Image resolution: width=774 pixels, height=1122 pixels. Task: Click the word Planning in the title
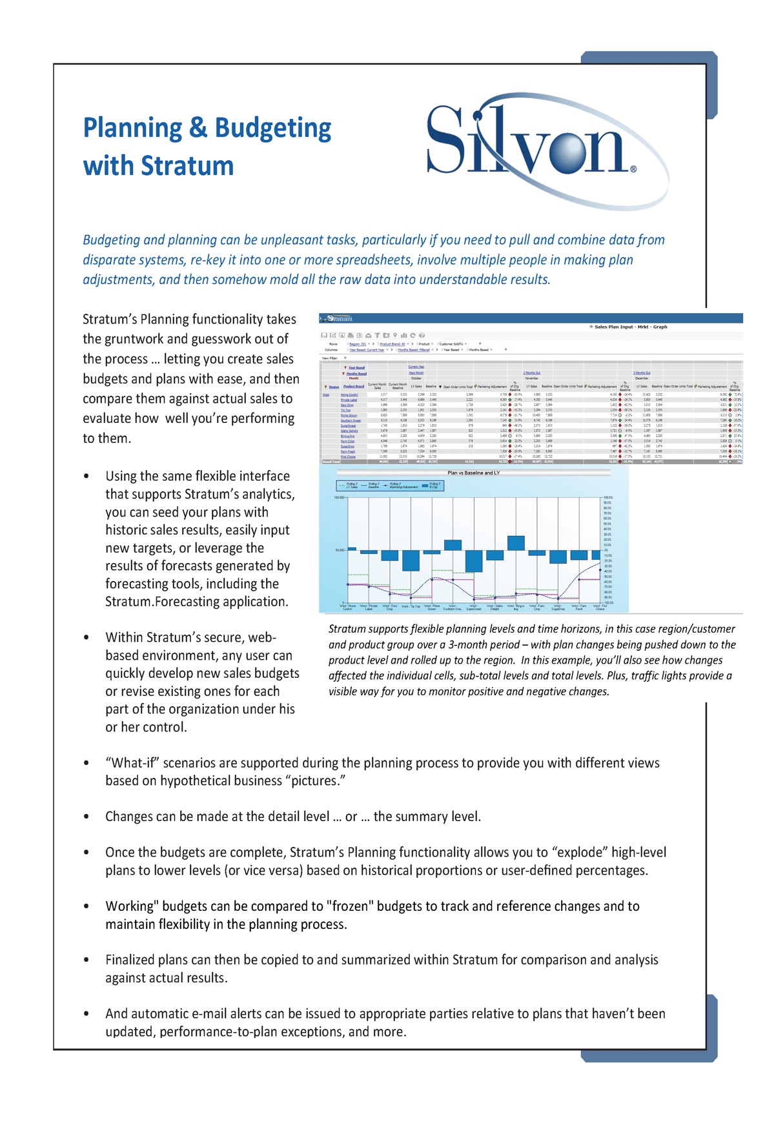133,128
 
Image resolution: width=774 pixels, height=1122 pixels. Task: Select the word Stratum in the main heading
187,166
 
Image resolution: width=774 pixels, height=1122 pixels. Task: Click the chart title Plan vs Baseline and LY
474,473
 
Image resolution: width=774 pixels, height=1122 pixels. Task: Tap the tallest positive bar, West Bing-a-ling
516,543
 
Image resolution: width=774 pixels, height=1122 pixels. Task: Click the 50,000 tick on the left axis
340,550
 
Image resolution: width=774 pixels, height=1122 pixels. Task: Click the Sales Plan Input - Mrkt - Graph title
631,327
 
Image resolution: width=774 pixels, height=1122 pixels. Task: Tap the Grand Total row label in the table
331,462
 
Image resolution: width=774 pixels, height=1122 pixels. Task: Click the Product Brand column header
354,386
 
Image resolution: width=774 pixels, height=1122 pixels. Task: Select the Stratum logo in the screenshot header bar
338,318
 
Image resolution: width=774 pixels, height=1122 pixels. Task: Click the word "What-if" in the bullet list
132,763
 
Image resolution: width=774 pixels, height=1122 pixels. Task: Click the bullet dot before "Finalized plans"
87,960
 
